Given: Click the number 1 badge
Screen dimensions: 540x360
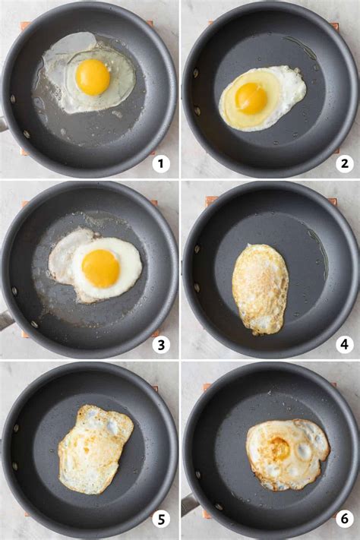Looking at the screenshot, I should [160, 163].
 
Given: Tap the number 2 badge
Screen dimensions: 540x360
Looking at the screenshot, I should [344, 163].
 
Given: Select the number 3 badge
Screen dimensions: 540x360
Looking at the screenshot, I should [160, 345].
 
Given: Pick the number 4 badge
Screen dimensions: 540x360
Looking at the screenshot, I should [344, 345].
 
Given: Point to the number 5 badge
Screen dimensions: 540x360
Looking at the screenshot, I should [160, 519].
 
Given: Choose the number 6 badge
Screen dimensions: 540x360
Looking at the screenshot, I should [344, 519].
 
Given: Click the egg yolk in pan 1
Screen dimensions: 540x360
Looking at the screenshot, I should [93, 77].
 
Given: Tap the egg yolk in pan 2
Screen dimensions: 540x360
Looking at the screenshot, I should [251, 98].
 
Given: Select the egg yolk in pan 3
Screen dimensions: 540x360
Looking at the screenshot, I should [101, 268].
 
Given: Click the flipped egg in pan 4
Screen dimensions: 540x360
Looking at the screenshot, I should [261, 289].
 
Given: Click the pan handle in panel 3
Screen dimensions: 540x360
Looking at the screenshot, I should [5, 320].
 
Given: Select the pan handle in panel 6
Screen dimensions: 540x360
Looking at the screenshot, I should [189, 504].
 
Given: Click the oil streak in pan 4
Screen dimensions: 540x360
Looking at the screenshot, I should [319, 251].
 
